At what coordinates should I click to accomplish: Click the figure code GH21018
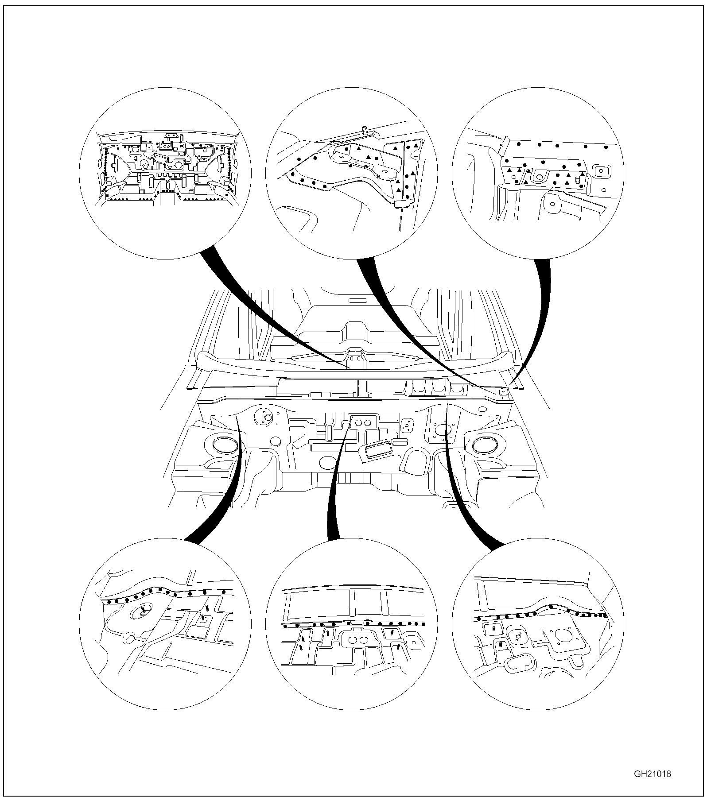coord(653,774)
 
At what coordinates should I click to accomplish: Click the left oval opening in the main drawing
coord(225,444)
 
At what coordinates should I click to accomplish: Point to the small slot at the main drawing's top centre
coord(358,300)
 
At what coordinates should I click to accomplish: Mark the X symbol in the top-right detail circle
coord(501,145)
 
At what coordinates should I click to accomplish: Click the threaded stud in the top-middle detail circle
coord(364,130)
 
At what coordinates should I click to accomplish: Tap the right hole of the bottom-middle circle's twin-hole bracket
coord(363,639)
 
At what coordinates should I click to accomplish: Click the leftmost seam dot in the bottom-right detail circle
coord(479,618)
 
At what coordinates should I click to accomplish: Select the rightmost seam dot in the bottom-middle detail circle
coord(423,624)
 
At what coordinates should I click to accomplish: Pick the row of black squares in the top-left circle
coord(167,191)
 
